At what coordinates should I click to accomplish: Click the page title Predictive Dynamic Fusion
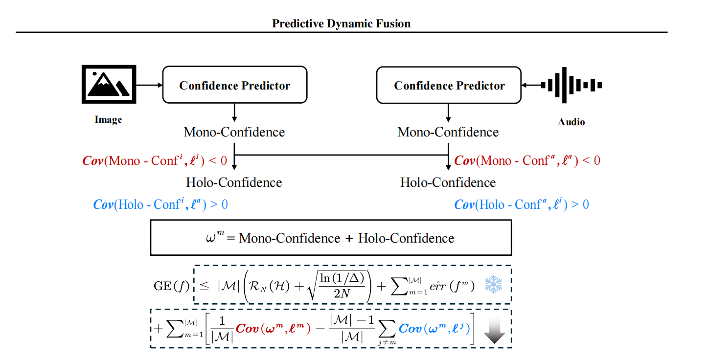coord(341,23)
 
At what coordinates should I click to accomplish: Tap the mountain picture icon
coord(108,84)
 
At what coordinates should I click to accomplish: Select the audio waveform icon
coord(571,85)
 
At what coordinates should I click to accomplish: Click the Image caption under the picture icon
coord(108,120)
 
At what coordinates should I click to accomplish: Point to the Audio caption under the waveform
coord(571,122)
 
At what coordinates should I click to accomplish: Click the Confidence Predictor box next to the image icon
coord(234,85)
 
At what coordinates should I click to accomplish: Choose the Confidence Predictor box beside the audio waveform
coord(449,85)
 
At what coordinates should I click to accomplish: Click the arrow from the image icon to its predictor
coord(149,85)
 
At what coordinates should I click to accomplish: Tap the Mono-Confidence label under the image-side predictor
coord(234,132)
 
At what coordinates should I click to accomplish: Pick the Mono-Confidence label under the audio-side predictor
coord(448,132)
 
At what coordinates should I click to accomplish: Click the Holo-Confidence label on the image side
coord(234,182)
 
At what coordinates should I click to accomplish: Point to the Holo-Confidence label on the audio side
coord(448,182)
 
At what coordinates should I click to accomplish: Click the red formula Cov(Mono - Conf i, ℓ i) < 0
coord(155,160)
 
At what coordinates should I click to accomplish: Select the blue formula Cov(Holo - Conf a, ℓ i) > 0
coord(522,204)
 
